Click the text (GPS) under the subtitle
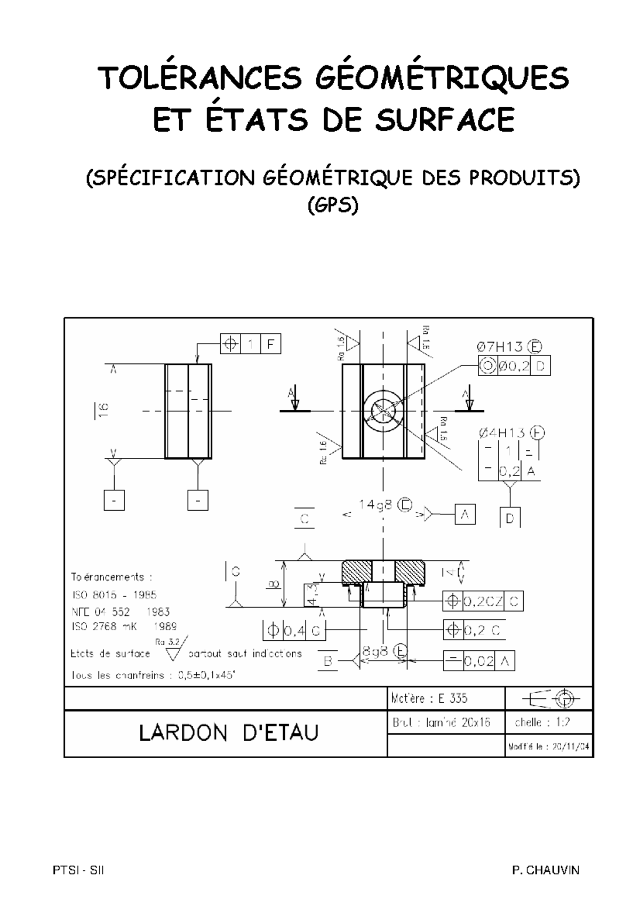click(x=333, y=205)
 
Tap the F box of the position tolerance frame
click(x=270, y=344)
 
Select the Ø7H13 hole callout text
click(x=499, y=347)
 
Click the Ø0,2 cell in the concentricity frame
click(x=514, y=367)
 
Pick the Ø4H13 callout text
click(x=501, y=433)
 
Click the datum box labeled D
click(x=510, y=518)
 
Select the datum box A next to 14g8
click(x=465, y=514)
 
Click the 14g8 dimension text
click(x=377, y=505)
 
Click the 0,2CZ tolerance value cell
click(x=483, y=601)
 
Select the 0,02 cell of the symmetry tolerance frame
click(x=478, y=662)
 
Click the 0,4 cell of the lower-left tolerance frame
click(x=294, y=631)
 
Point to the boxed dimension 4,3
click(x=311, y=594)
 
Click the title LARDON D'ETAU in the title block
click(x=228, y=733)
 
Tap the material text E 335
click(x=453, y=698)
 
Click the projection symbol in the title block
click(x=549, y=698)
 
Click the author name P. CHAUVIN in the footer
click(x=545, y=870)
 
